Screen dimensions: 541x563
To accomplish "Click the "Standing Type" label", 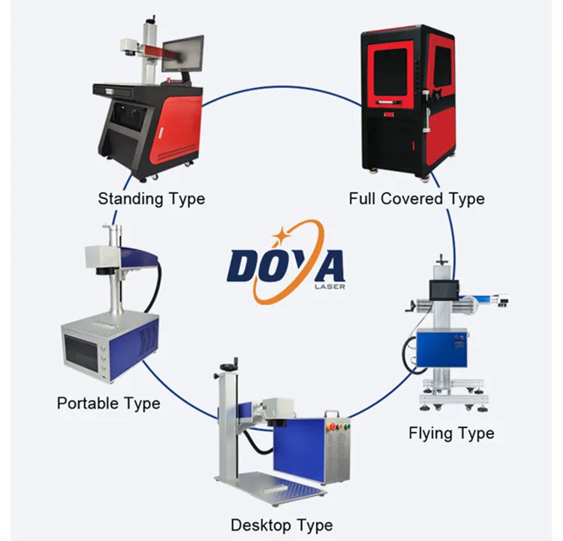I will [151, 199].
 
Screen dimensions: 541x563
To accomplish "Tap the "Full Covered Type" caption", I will [417, 199].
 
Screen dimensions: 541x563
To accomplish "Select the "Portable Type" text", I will [108, 403].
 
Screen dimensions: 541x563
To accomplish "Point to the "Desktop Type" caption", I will [281, 524].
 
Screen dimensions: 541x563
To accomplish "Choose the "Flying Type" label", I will [451, 434].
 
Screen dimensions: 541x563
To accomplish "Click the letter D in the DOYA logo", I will [244, 267].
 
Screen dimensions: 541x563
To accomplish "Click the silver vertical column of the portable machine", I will [115, 286].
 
